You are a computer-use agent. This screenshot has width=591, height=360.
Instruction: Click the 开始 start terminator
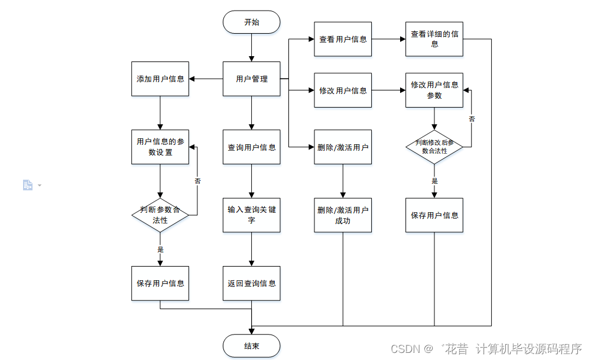coord(251,22)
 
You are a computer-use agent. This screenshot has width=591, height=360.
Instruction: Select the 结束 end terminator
coord(251,346)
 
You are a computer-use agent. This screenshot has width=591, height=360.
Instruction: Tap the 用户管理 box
coord(251,79)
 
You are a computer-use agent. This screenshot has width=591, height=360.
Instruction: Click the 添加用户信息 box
coord(160,79)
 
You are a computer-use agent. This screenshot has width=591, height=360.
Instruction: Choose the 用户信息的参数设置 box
coord(160,147)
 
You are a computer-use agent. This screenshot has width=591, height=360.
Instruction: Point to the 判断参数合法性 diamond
coord(160,215)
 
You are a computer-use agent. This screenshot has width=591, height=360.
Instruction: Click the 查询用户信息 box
coord(251,147)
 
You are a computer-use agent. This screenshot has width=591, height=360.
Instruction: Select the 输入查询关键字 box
coord(251,215)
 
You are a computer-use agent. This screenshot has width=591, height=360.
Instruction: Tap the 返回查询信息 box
coord(251,283)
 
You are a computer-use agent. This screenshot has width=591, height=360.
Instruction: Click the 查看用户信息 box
coord(343,39)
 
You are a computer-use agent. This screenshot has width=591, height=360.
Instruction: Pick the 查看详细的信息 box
coord(434,39)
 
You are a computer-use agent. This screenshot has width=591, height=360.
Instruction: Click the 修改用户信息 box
coord(343,90)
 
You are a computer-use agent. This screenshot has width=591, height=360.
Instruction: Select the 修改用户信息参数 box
coord(434,90)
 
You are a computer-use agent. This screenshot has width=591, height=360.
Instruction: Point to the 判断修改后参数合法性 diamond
coord(434,147)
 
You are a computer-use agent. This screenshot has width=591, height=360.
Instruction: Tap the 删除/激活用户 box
coord(343,147)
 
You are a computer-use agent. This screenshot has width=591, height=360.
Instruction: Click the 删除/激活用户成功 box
coord(343,215)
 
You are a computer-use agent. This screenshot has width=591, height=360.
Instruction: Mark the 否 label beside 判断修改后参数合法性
coord(472,119)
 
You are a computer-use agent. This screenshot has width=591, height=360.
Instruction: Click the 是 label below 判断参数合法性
coord(160,249)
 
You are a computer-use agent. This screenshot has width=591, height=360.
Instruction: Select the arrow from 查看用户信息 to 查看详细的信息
coord(388,39)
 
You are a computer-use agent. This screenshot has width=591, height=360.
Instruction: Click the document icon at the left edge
coord(28,185)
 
